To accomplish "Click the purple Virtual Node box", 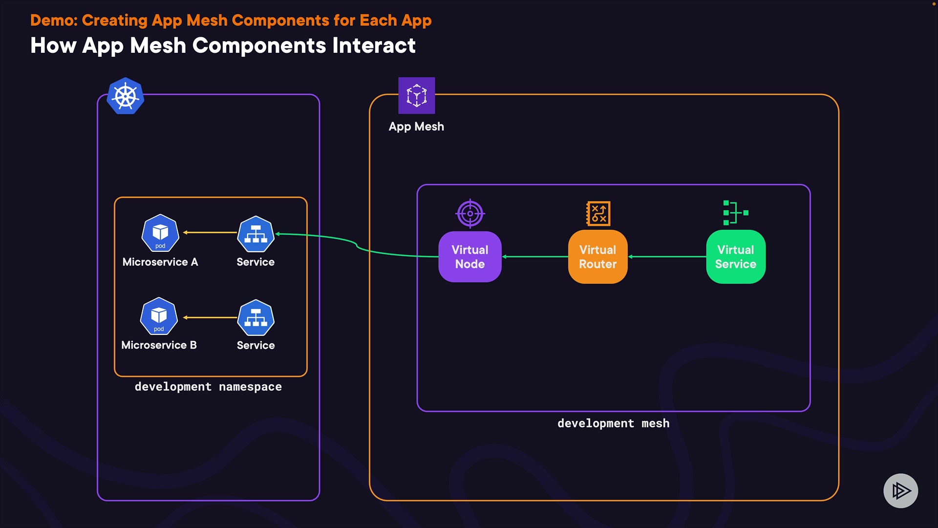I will pos(469,257).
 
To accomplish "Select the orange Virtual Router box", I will pos(597,257).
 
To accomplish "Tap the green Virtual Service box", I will pos(735,257).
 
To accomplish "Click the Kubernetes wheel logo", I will pos(126,96).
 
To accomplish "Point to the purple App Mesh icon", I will pos(416,95).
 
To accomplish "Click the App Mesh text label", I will pos(416,127).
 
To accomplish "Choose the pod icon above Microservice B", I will pos(159,316).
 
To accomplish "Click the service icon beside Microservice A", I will pos(256,234).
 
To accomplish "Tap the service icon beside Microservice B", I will pos(256,318).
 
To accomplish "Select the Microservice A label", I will pos(160,262).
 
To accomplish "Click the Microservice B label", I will pos(159,345).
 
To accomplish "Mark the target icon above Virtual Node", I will pos(470,214).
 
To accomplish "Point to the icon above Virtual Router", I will pos(598,214).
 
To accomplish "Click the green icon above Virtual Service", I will pos(735,213).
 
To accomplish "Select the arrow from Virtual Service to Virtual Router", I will pos(667,257).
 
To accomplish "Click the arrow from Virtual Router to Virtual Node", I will pos(535,257).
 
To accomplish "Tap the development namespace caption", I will pos(208,387).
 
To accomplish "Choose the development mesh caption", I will pos(613,423).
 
